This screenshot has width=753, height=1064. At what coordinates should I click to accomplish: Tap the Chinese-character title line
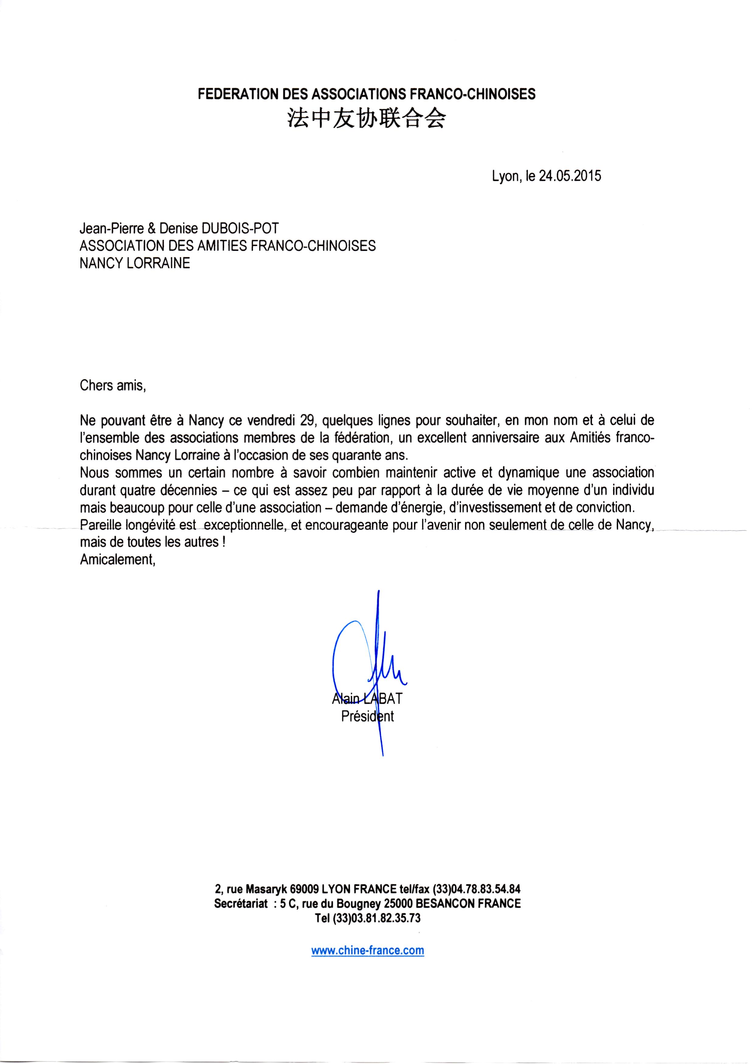[x=364, y=119]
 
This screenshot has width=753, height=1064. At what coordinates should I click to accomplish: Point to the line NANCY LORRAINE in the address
[x=135, y=263]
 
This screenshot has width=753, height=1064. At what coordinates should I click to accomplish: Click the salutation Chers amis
[x=113, y=386]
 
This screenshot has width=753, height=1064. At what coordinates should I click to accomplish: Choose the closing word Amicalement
[x=117, y=560]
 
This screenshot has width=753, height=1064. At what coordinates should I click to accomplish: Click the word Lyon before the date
[x=504, y=177]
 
